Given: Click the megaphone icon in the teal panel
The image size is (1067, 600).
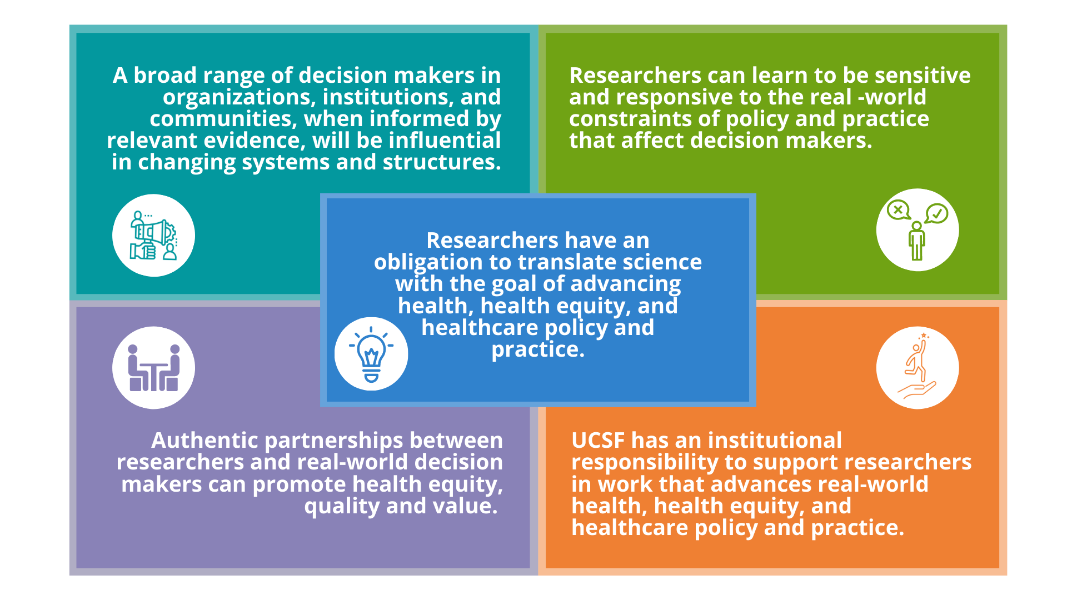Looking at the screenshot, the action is [153, 236].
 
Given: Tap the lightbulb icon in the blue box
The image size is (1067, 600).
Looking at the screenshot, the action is [371, 354].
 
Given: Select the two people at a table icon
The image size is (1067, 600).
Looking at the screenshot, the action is [154, 368].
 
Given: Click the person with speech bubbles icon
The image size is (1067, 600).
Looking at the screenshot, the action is [918, 230].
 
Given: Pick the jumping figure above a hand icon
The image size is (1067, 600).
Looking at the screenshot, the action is [918, 367].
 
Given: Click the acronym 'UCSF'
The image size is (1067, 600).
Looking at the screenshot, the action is [598, 440].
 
